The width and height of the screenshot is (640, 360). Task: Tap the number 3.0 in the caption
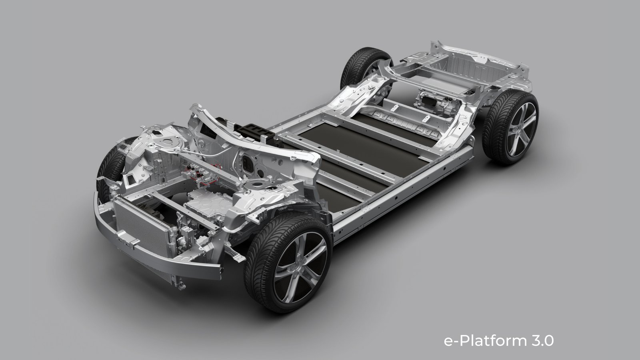click(543, 340)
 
